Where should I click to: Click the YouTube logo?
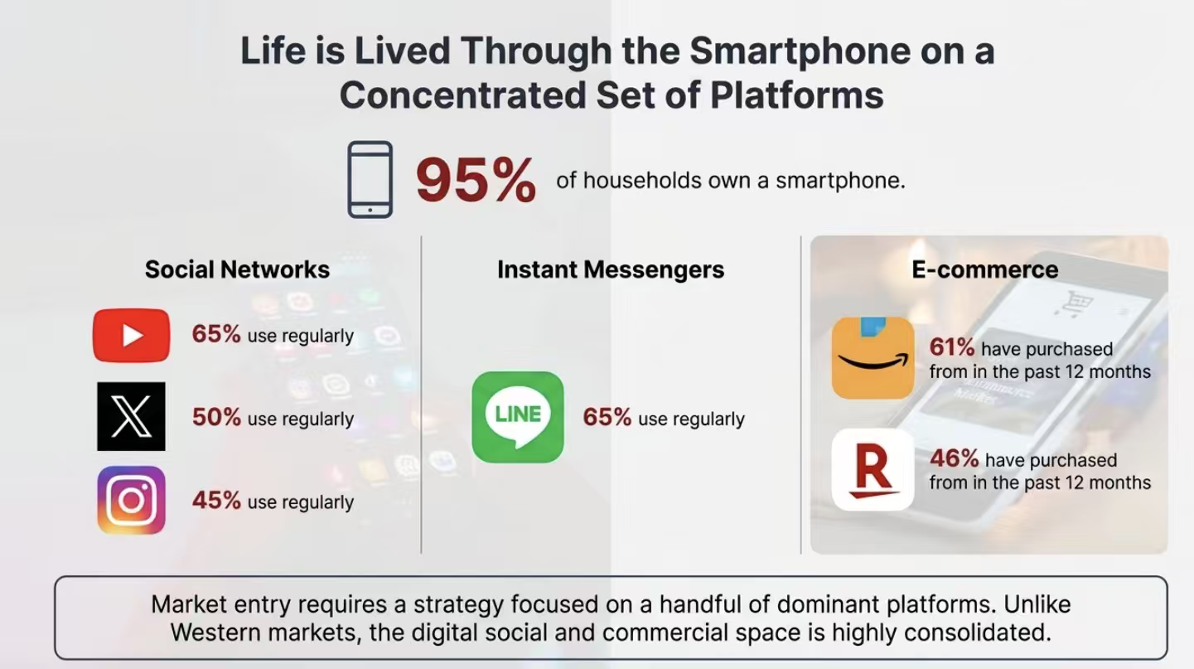click(x=131, y=336)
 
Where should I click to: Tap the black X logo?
click(x=131, y=416)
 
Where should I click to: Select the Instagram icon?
click(x=131, y=501)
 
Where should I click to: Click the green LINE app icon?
click(x=518, y=417)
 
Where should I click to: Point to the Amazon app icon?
click(x=873, y=358)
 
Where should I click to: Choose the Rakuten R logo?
click(x=873, y=469)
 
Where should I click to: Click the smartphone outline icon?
click(x=370, y=179)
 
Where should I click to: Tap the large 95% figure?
click(x=476, y=180)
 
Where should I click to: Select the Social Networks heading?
click(x=237, y=269)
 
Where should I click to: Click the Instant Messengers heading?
click(x=611, y=269)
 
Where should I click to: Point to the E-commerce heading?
click(x=985, y=269)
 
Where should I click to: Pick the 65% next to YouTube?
click(x=216, y=334)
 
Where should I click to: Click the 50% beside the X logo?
click(x=216, y=417)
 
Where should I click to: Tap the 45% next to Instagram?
click(x=216, y=501)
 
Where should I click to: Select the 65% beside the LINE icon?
click(x=607, y=417)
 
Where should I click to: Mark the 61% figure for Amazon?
click(x=952, y=347)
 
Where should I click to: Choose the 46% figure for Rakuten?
click(x=955, y=458)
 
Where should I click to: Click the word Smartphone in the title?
click(x=800, y=51)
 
